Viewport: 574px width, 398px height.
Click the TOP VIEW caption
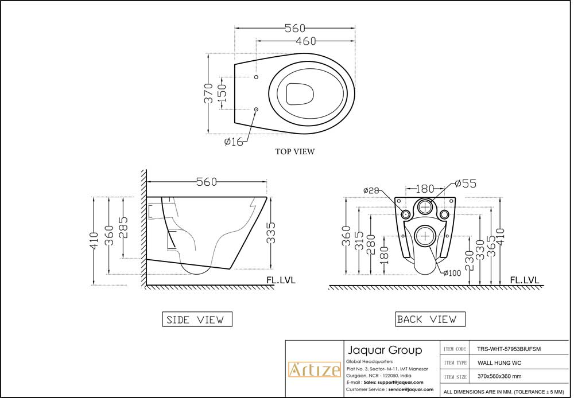[295, 152]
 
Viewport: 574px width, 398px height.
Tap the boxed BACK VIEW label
[426, 319]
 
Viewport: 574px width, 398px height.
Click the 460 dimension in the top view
[306, 41]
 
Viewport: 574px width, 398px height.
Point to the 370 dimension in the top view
[209, 93]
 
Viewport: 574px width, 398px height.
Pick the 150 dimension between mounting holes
[222, 93]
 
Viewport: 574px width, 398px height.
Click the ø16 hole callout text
[234, 142]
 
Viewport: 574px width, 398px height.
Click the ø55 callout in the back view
[465, 184]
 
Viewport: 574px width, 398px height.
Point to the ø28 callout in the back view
[372, 190]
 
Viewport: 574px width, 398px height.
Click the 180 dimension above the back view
[425, 189]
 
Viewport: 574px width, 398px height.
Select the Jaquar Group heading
[384, 350]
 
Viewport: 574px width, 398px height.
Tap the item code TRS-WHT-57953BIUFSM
[509, 348]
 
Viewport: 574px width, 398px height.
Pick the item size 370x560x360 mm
[499, 377]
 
